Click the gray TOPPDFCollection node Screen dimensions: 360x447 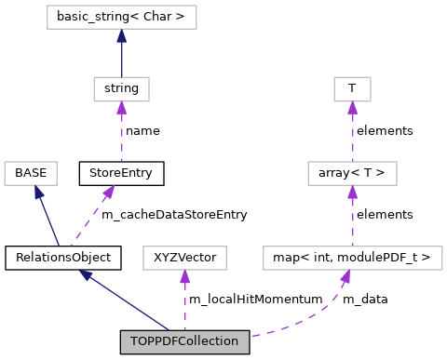(x=184, y=341)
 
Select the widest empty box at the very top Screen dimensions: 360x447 (x=121, y=17)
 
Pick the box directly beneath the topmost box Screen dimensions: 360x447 (x=121, y=89)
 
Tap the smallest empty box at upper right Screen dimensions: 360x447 (x=352, y=89)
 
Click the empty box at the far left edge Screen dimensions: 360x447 (x=31, y=173)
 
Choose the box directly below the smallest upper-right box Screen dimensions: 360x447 (x=352, y=173)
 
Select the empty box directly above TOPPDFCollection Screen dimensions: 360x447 (x=184, y=258)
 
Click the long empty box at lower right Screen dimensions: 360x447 (x=352, y=258)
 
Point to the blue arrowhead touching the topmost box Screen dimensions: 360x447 (x=121, y=36)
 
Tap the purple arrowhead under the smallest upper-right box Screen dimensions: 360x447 (x=352, y=108)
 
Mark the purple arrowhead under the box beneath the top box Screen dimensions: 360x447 (x=121, y=108)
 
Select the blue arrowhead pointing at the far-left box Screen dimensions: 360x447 (x=37, y=192)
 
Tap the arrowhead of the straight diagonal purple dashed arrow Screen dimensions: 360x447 (x=109, y=191)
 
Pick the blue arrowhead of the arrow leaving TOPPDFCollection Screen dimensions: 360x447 (x=85, y=274)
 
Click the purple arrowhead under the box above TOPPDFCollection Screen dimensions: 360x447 (x=184, y=276)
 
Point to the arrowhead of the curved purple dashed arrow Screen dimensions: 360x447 (x=345, y=276)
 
